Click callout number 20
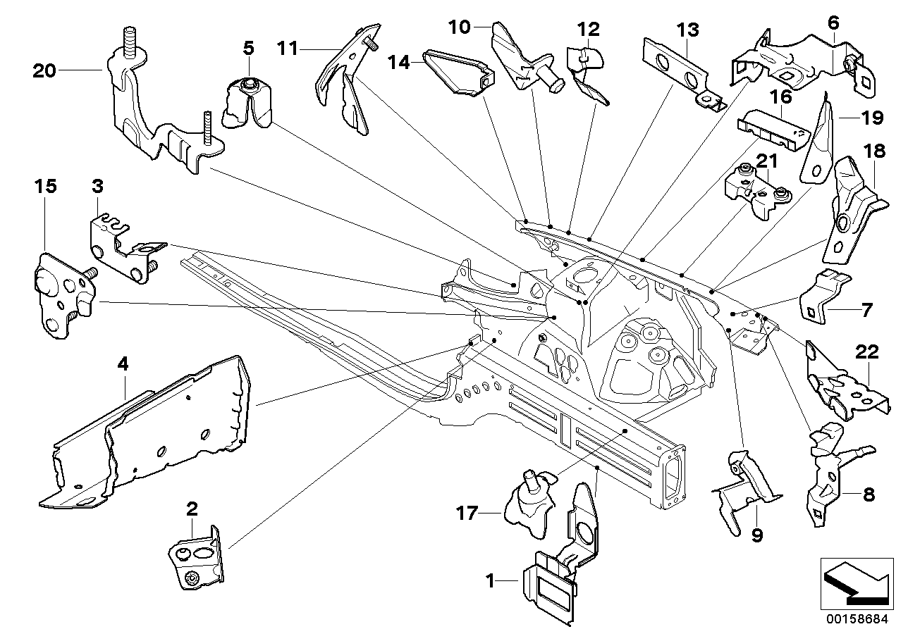tap(43, 70)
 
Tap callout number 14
tap(400, 63)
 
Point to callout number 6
tap(833, 23)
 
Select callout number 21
tap(766, 162)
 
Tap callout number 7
tap(866, 309)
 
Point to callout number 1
tap(490, 582)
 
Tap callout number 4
tap(123, 365)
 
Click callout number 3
tap(97, 186)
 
